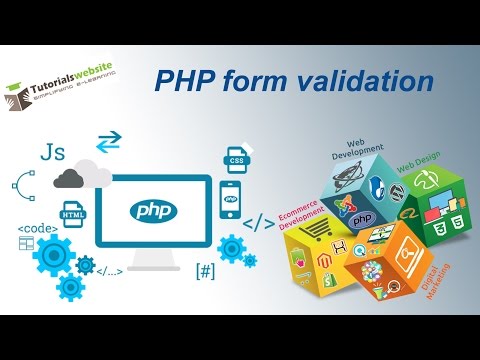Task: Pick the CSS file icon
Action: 236,158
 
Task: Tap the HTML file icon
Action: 73,214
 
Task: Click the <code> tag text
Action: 36,229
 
